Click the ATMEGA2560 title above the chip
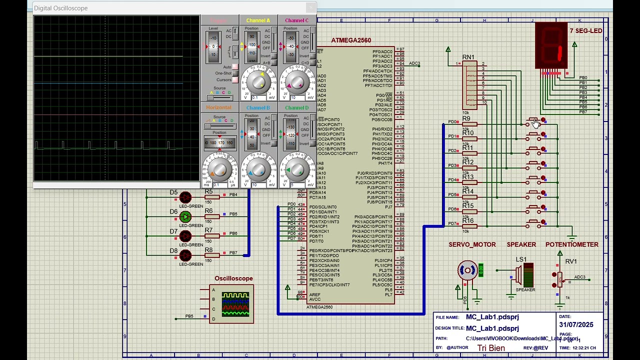351,40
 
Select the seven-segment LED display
551,46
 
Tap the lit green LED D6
185,216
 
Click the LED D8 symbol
185,255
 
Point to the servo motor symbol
467,270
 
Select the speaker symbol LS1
525,275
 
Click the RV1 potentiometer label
571,261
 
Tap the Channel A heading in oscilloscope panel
258,20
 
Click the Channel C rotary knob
296,80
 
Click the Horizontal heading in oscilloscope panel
218,107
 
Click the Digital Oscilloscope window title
60,8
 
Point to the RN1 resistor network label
468,57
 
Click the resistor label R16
467,220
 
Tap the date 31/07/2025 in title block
576,324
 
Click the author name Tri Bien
490,348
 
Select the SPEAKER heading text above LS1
521,244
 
